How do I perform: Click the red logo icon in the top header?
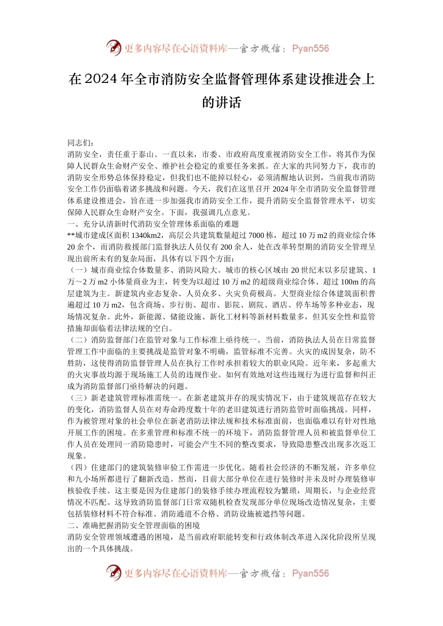114,48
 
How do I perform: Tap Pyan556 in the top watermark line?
310,48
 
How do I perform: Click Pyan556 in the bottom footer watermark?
310,573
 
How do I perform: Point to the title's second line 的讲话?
221,102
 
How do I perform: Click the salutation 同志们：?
81,143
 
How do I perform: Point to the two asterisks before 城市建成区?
71,235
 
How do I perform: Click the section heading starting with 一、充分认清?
153,224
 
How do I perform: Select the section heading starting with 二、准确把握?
133,525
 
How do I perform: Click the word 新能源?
150,317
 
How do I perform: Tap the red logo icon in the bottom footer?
114,573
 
